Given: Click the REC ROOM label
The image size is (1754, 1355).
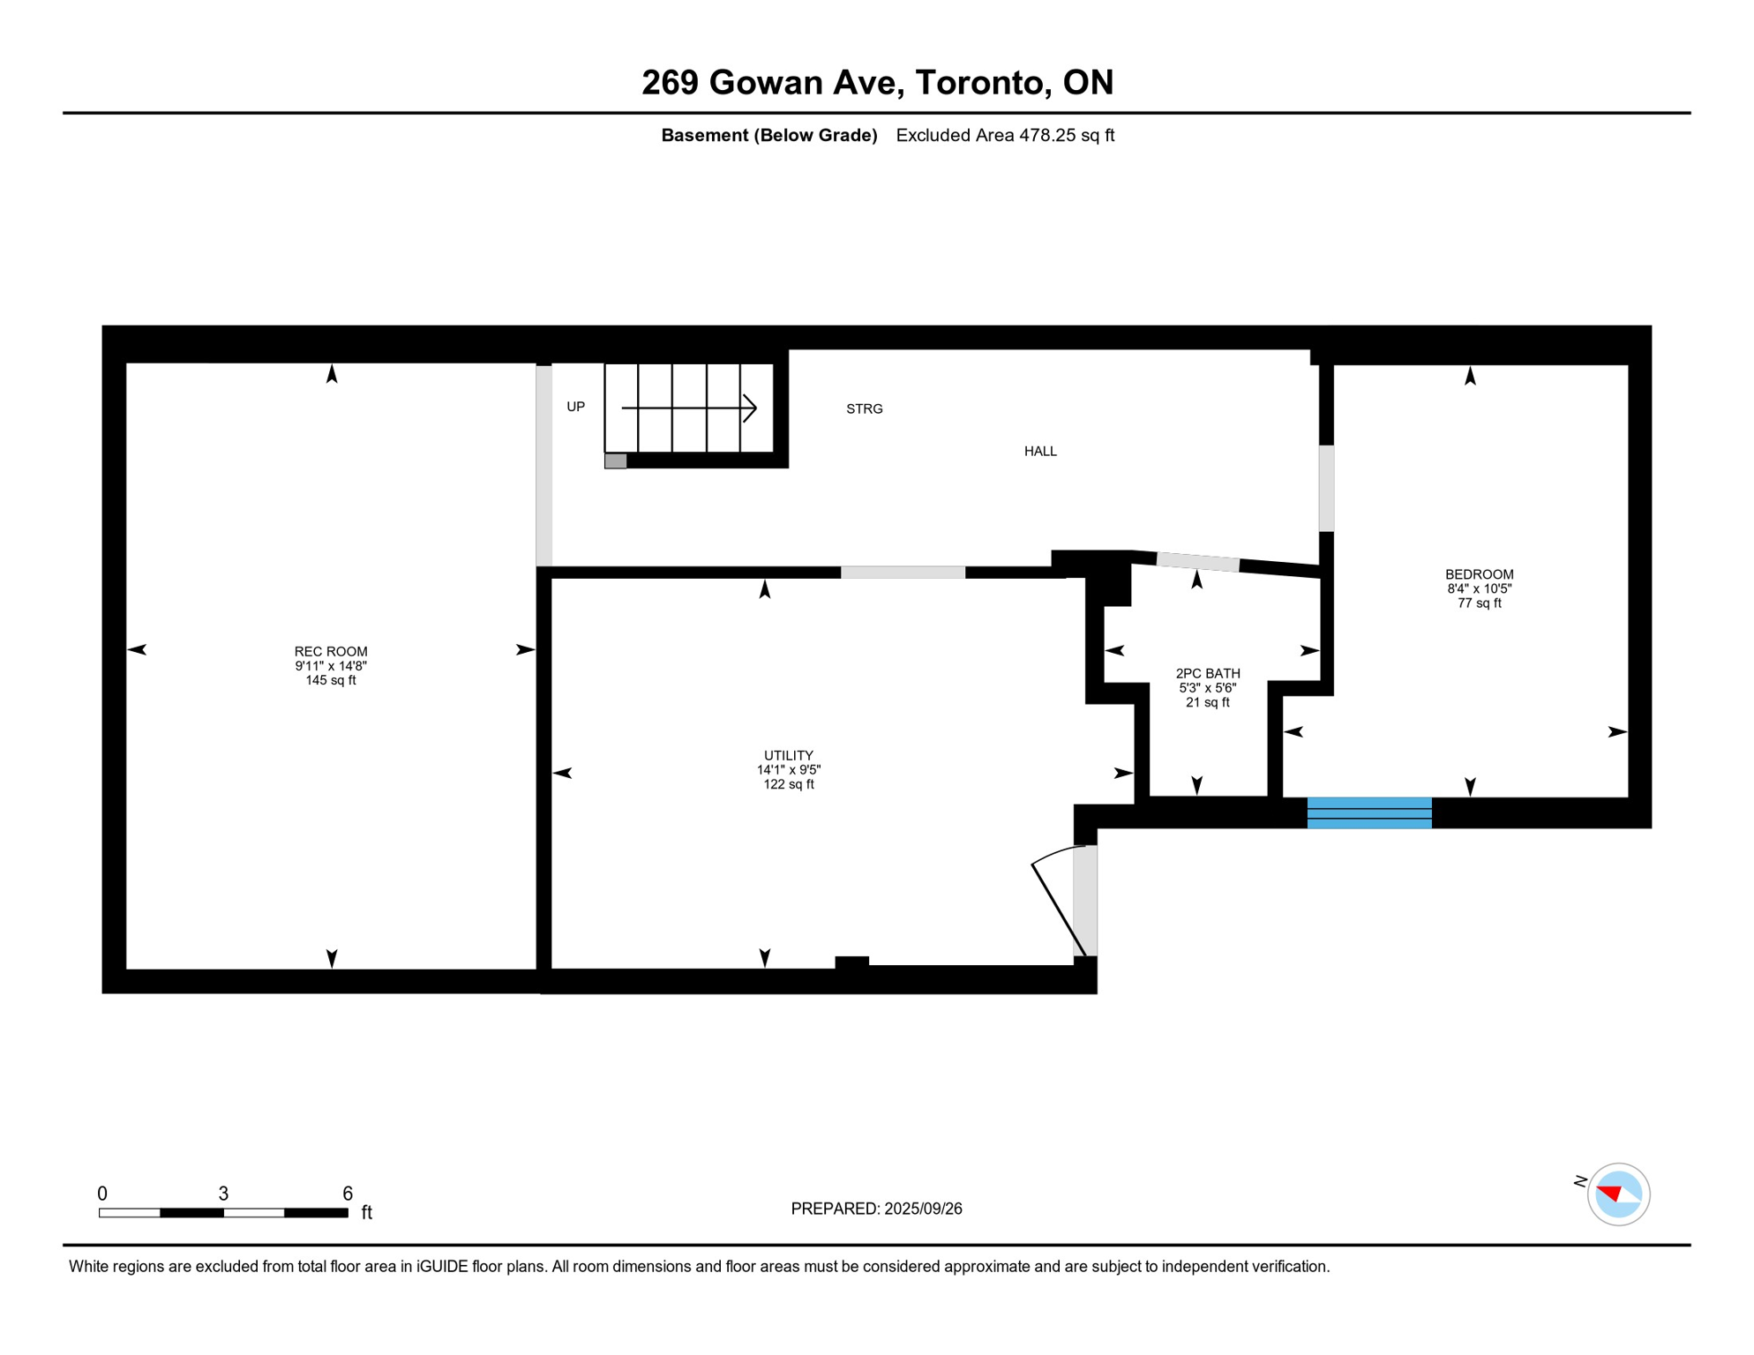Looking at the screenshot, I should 331,652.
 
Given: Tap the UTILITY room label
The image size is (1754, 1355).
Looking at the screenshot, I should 788,756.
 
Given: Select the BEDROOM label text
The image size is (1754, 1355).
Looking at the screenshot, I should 1479,574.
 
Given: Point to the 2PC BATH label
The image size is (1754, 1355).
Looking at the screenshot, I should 1207,674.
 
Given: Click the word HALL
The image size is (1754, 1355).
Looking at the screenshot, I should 1040,452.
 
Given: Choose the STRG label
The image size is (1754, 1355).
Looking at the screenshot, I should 864,409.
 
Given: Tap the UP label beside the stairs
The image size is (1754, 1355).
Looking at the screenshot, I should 575,407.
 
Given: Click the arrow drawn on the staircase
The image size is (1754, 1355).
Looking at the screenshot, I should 689,408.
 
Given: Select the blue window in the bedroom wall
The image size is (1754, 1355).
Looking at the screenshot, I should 1368,812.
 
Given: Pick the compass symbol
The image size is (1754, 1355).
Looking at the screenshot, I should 1617,1194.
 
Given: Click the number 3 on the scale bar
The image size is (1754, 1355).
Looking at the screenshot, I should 223,1194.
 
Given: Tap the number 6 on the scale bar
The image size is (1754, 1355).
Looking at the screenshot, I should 348,1194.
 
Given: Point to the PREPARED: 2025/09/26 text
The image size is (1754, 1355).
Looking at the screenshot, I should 876,1209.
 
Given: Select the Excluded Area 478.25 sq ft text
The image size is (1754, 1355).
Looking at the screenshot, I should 1005,135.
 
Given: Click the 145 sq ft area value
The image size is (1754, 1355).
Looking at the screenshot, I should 331,680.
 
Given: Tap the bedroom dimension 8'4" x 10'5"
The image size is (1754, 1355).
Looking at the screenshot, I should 1479,588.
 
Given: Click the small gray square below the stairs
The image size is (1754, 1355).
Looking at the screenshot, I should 616,461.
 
